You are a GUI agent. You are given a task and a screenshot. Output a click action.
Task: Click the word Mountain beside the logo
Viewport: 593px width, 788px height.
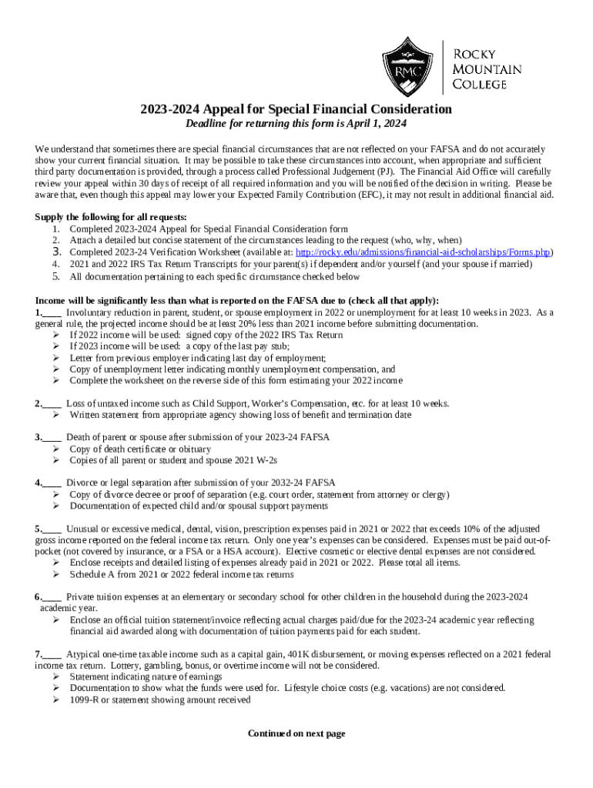487,69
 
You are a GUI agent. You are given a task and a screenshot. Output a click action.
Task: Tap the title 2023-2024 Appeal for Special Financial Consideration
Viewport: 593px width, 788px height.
296,109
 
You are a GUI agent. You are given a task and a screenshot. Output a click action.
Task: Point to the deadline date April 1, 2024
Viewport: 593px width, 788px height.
374,124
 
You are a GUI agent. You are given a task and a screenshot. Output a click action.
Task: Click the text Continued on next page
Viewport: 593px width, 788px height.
296,734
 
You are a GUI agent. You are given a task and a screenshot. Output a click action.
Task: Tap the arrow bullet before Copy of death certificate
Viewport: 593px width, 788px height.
56,449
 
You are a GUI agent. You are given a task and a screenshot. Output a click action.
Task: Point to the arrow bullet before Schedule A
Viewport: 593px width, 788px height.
56,575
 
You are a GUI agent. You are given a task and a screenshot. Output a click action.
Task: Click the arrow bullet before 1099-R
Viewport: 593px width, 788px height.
56,700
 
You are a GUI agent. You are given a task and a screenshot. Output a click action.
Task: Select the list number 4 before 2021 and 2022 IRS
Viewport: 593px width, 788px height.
55,264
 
